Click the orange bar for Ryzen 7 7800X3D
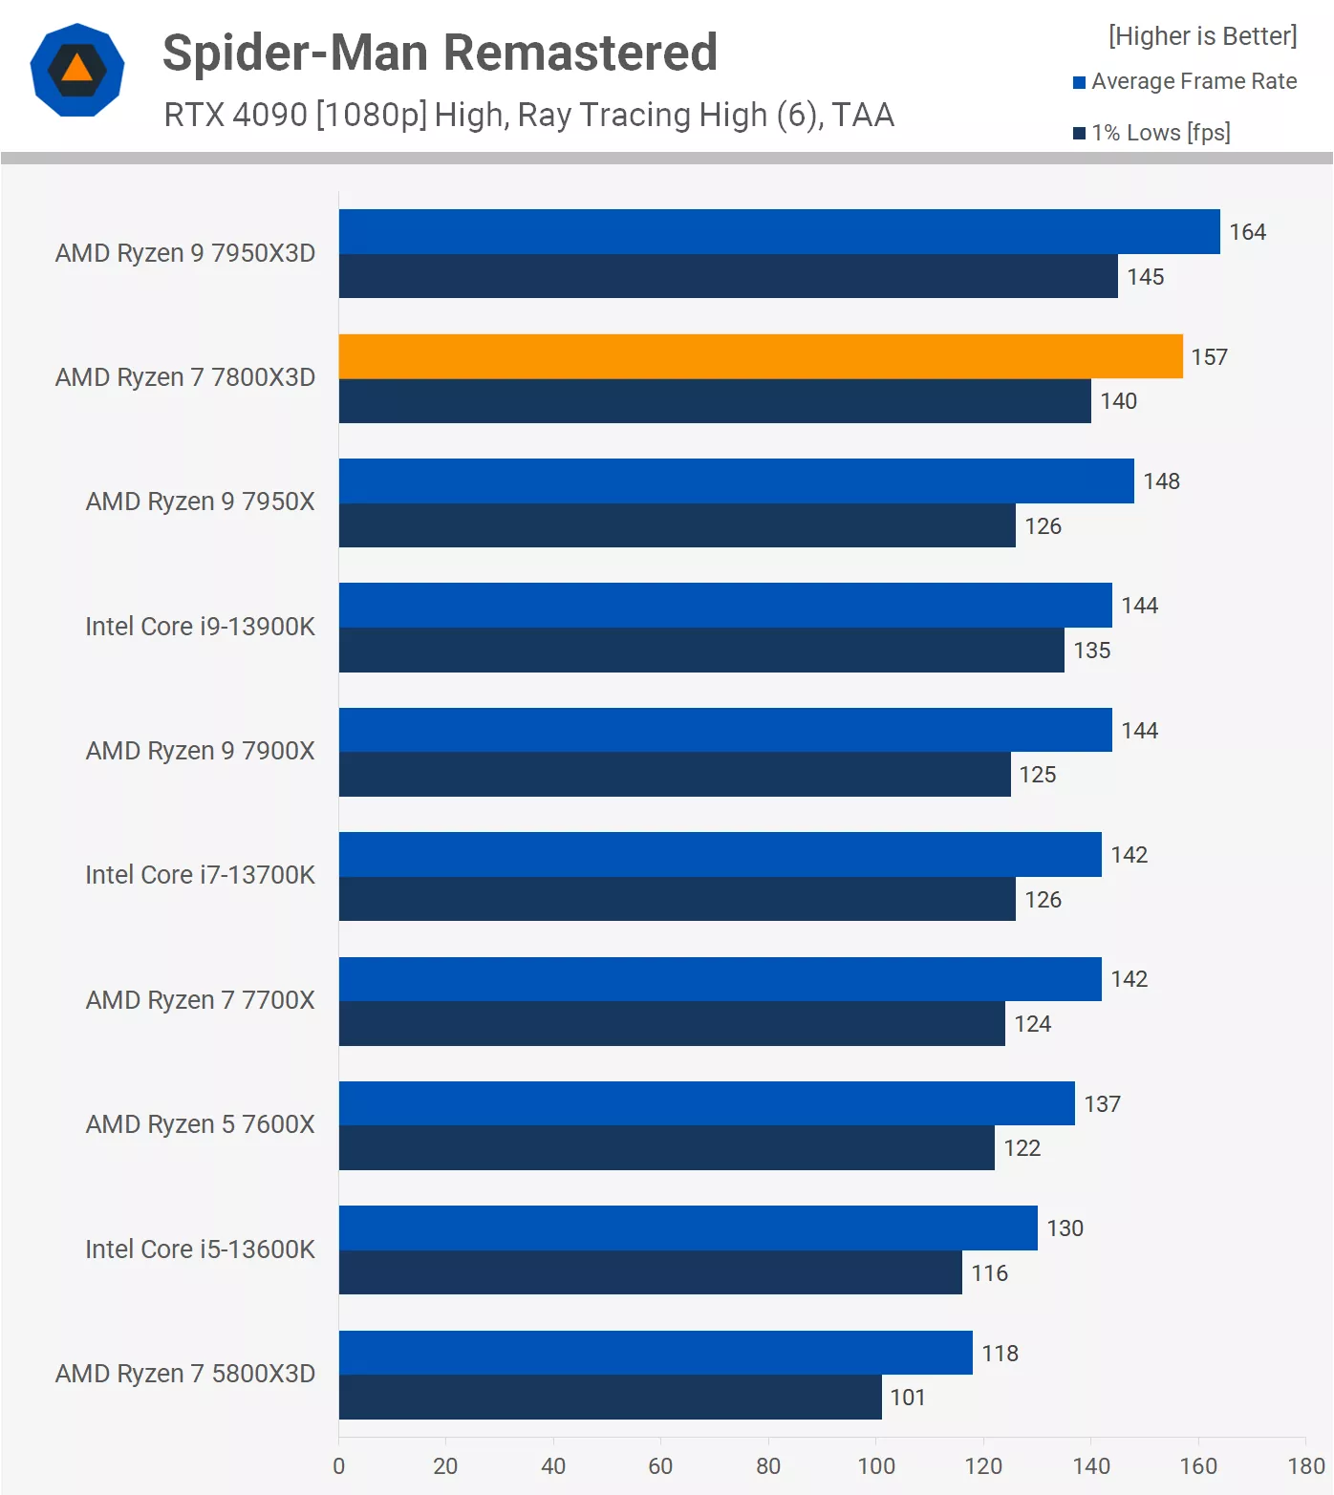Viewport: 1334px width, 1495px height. coord(761,356)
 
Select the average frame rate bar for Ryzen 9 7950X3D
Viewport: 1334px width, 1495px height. coord(779,232)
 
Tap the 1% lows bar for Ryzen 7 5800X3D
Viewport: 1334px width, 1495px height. coord(610,1397)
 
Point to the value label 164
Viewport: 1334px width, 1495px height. coord(1247,232)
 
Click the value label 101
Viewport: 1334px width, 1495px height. coord(908,1398)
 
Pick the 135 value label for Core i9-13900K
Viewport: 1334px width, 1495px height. coord(1091,651)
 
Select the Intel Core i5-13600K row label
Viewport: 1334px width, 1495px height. coord(200,1249)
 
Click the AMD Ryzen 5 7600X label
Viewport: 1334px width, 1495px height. coord(200,1124)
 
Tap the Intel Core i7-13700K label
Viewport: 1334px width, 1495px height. coord(200,875)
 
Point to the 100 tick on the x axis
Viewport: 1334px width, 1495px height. coord(876,1466)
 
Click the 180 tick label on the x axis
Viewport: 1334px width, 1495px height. coord(1305,1466)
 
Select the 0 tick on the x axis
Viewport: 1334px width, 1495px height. coord(339,1466)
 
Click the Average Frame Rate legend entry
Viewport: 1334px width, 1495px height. coord(1194,82)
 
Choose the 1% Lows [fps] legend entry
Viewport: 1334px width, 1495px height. coord(1160,133)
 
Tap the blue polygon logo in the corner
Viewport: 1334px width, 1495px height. coord(77,70)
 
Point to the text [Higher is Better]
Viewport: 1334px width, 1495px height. coord(1202,36)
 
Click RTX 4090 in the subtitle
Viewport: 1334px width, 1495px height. coord(235,115)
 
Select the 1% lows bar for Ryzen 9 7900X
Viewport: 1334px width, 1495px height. coord(675,775)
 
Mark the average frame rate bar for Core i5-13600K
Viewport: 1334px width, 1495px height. coord(688,1228)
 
